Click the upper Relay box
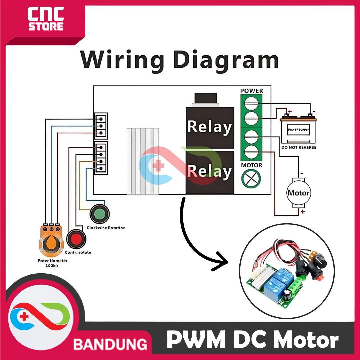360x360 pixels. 209,127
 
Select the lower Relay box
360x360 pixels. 209,172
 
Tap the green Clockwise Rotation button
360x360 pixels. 99,214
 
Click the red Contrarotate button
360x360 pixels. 76,239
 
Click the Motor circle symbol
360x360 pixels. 298,193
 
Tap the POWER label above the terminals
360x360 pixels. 252,91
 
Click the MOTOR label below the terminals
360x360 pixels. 251,165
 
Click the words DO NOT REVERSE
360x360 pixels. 299,147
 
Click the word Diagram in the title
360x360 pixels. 227,60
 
